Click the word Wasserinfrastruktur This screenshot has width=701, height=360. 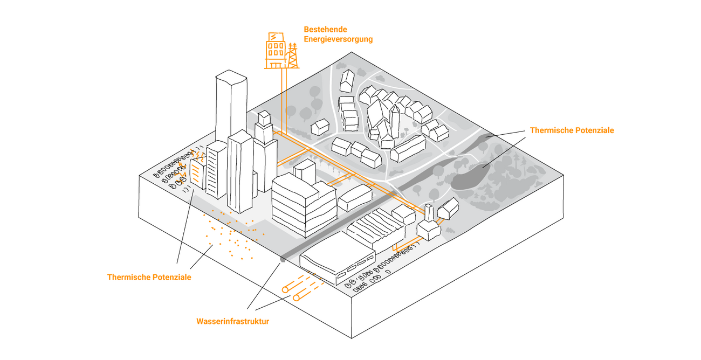point(232,322)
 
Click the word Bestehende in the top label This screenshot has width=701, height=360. point(325,29)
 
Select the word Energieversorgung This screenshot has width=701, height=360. point(338,39)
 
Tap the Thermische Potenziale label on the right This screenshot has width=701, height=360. point(572,130)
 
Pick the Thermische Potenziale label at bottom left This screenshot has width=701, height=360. point(149,277)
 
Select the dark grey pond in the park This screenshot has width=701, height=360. point(468,178)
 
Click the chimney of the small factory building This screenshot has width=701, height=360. point(429,213)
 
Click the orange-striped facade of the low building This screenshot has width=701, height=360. point(197,175)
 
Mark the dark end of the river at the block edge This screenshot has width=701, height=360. point(282,260)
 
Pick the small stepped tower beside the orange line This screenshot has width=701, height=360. point(264,129)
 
